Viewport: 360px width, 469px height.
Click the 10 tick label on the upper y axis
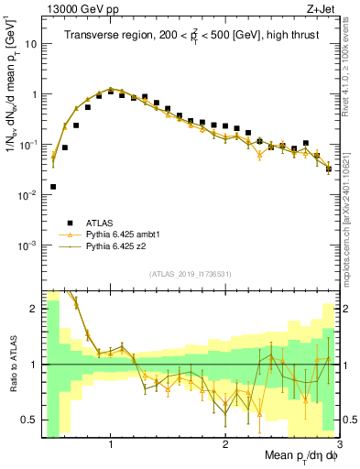tap(31, 44)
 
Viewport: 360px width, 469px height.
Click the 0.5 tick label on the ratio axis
tap(28, 420)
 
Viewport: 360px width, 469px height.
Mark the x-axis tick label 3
tap(339, 442)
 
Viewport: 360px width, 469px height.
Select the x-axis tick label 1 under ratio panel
tap(111, 442)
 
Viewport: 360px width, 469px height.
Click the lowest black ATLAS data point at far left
tap(53, 187)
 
